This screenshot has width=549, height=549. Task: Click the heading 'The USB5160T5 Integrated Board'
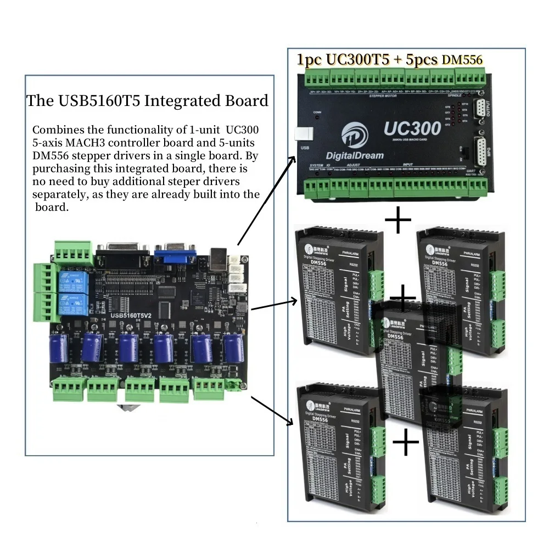click(147, 101)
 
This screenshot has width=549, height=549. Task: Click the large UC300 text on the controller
click(412, 128)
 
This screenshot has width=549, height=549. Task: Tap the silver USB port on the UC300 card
click(302, 134)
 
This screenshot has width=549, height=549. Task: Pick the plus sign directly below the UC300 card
click(397, 221)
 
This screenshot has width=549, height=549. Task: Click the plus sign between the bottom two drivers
click(406, 443)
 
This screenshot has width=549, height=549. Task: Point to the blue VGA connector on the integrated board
click(173, 256)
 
